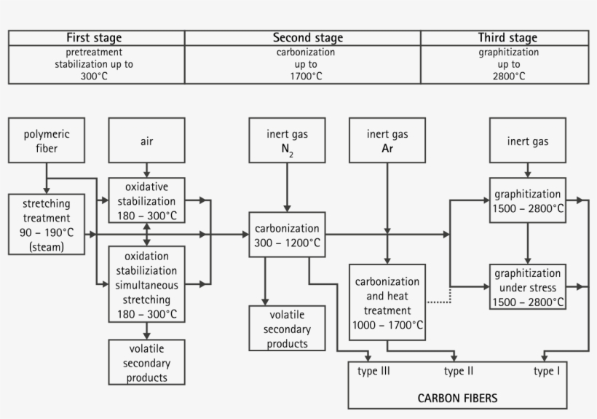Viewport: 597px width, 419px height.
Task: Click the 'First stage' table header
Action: click(95, 38)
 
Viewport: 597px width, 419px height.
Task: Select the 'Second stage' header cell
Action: click(307, 38)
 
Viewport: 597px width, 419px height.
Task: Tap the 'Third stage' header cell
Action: click(507, 38)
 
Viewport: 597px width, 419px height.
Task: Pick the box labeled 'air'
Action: click(146, 141)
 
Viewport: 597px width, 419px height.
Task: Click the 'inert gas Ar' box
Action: click(387, 141)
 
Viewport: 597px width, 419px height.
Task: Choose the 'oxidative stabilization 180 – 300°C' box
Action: click(146, 200)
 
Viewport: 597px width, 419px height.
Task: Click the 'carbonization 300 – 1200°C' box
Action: click(287, 235)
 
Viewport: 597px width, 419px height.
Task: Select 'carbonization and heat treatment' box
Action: click(387, 302)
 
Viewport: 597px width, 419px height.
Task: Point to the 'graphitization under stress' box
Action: click(528, 287)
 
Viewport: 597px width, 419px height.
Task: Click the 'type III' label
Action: click(374, 372)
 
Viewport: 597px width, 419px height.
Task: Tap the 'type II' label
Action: click(459, 372)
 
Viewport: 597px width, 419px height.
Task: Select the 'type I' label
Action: click(547, 372)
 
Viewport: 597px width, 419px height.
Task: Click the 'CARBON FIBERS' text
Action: click(457, 398)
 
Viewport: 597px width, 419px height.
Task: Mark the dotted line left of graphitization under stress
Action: click(439, 300)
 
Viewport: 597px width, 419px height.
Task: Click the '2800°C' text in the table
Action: click(508, 76)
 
